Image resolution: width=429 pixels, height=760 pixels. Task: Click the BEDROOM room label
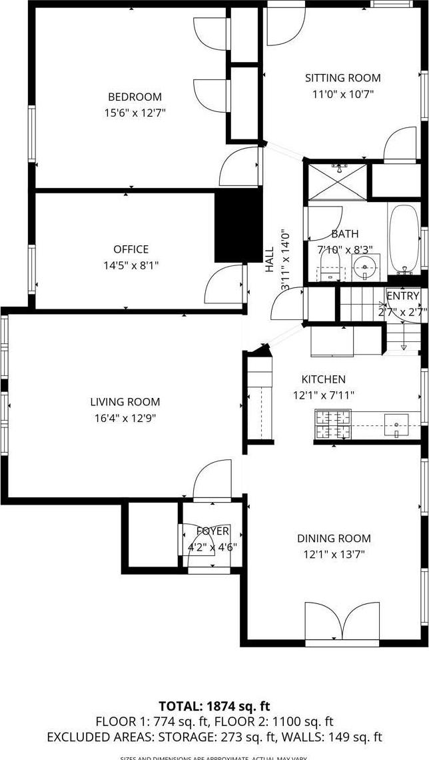click(135, 97)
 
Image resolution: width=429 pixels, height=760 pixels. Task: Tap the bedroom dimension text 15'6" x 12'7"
click(135, 113)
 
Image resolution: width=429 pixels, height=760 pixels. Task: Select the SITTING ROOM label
click(343, 78)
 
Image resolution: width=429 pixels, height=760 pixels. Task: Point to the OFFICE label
click(131, 249)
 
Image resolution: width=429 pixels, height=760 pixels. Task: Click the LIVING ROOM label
click(125, 402)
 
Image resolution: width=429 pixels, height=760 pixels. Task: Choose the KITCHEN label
click(323, 379)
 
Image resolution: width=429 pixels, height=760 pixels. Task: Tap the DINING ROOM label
click(334, 539)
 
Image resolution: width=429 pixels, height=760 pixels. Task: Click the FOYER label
click(213, 531)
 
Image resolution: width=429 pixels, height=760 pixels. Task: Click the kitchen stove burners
click(332, 425)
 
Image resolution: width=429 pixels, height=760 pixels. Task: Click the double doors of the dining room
click(342, 622)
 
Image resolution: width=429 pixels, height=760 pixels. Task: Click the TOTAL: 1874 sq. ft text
click(214, 706)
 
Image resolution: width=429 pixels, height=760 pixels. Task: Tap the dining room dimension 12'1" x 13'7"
click(333, 555)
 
